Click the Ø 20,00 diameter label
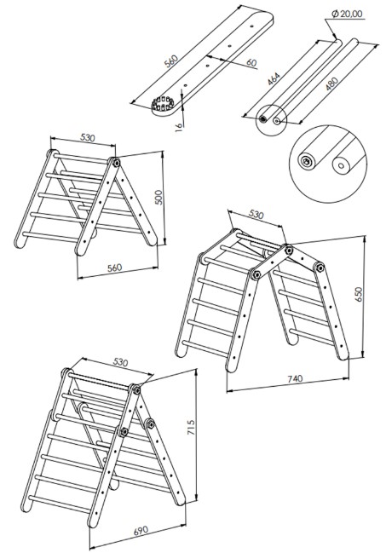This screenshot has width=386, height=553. click(347, 14)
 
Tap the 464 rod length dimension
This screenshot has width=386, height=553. click(274, 78)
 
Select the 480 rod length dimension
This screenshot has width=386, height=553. click(331, 84)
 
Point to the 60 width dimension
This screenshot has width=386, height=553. click(251, 63)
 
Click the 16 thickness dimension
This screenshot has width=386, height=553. click(179, 126)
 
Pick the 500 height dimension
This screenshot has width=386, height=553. click(158, 198)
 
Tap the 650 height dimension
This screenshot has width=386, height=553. click(358, 294)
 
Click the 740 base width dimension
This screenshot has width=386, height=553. click(295, 379)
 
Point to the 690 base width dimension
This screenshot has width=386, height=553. click(141, 531)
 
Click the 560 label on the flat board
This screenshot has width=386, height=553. click(171, 61)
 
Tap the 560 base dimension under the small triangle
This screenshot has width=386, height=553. click(114, 268)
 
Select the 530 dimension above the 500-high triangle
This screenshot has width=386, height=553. click(88, 137)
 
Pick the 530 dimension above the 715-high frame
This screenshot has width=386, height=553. click(120, 362)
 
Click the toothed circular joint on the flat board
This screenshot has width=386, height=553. click(162, 105)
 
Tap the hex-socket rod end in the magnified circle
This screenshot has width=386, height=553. click(306, 162)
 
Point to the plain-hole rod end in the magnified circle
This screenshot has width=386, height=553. click(341, 165)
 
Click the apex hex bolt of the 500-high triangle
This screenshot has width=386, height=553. click(116, 163)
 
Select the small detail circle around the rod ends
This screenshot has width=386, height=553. click(271, 119)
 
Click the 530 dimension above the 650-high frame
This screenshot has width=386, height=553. click(256, 215)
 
